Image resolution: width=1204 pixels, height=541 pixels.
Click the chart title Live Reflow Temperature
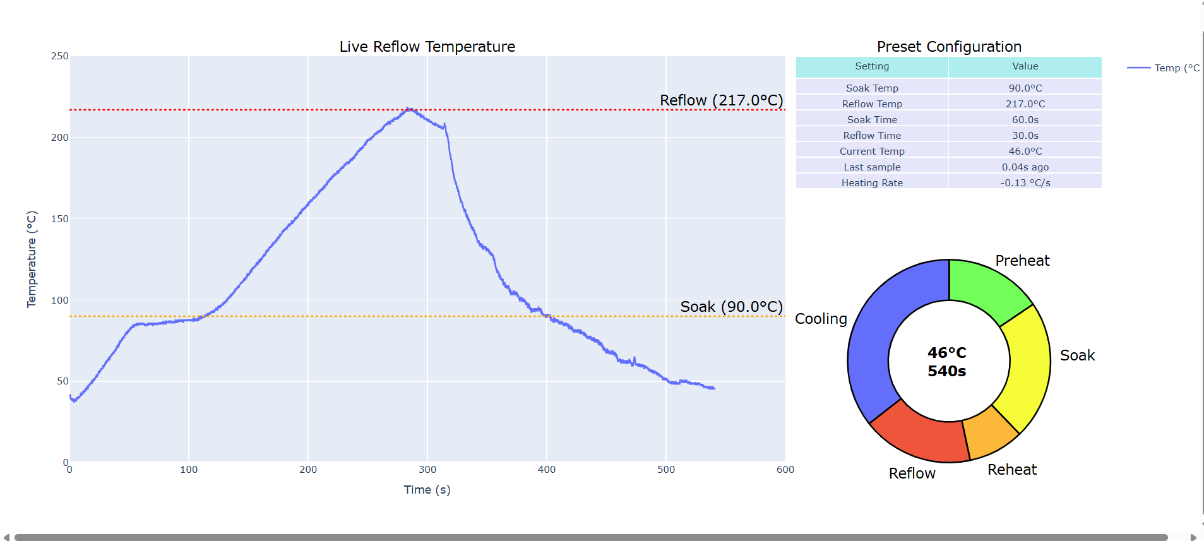click(x=427, y=47)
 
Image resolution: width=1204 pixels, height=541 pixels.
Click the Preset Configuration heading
click(x=948, y=47)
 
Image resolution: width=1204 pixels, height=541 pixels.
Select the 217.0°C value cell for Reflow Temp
click(x=1025, y=104)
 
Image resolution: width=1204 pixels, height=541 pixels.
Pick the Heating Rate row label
click(x=871, y=182)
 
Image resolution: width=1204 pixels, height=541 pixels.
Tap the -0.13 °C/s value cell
click(x=1025, y=182)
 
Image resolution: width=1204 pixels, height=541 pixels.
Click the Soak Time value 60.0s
click(x=1025, y=119)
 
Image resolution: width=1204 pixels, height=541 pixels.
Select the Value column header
click(x=1025, y=66)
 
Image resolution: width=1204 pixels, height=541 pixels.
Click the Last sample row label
click(x=871, y=167)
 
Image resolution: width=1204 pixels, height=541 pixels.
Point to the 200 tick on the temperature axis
click(x=59, y=138)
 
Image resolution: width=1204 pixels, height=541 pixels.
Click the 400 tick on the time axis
click(x=546, y=470)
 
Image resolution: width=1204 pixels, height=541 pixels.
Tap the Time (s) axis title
click(x=427, y=490)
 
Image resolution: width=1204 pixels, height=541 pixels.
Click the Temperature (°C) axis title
click(x=32, y=259)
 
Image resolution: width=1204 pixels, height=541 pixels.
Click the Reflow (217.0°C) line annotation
click(x=721, y=100)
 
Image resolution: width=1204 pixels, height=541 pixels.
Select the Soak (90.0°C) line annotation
click(x=731, y=307)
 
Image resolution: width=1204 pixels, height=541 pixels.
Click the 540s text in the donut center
click(x=946, y=371)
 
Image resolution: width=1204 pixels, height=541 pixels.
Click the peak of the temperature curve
click(x=408, y=109)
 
